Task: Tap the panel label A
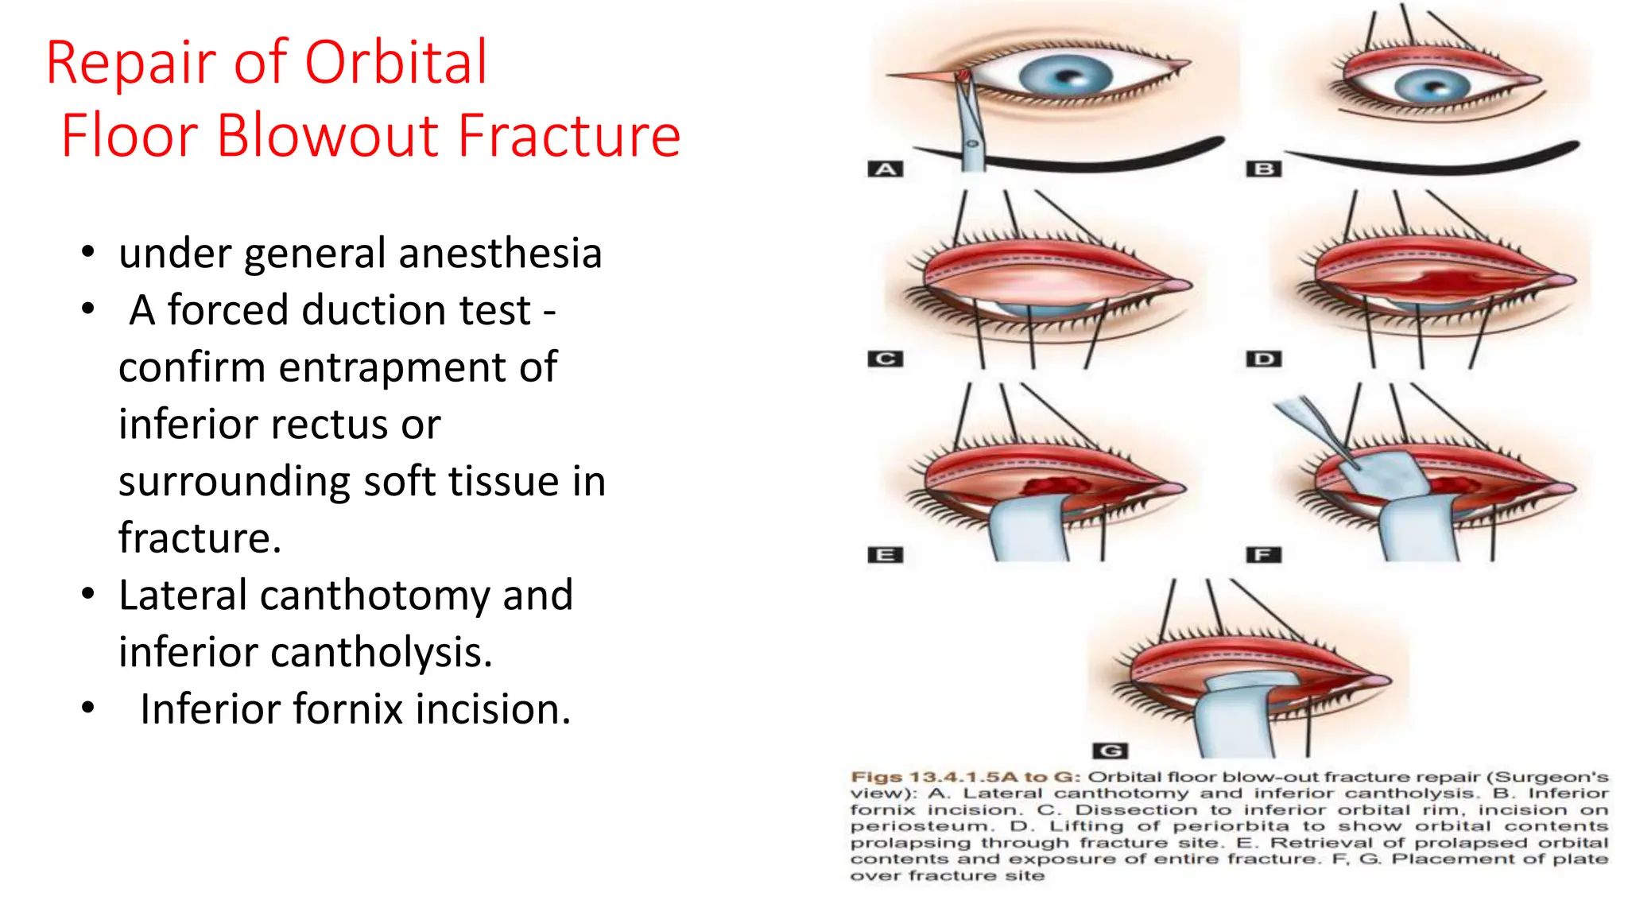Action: coord(886,169)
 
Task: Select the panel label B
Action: coord(1264,169)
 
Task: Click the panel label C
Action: coord(886,359)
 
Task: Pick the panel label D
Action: coord(1264,359)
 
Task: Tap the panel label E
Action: coord(886,555)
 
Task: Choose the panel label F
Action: coord(1264,555)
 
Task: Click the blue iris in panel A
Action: coord(1065,77)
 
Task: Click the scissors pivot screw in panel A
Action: coord(971,144)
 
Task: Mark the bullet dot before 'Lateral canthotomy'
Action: coord(88,594)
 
